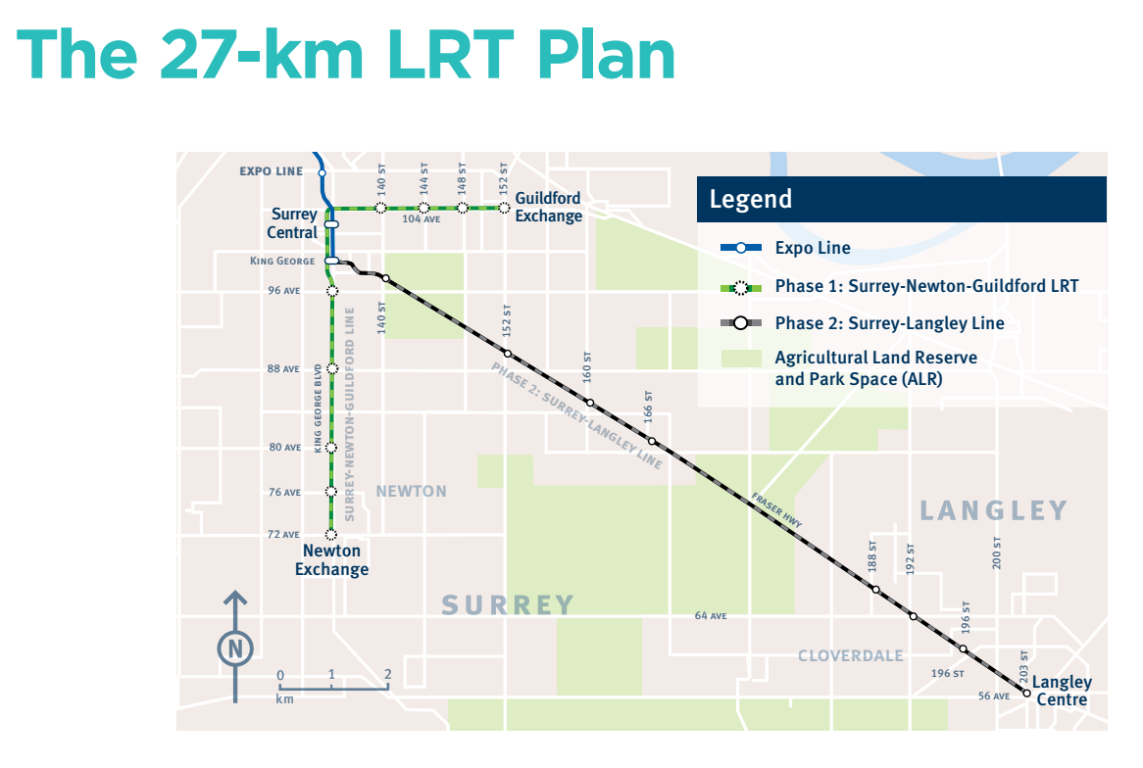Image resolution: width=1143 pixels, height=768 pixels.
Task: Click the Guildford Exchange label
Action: (x=548, y=207)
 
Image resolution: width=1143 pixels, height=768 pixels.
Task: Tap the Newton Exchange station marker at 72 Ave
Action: (x=331, y=535)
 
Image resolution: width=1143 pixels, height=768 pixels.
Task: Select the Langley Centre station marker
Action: (x=1027, y=694)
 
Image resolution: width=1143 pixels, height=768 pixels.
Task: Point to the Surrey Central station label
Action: (x=293, y=223)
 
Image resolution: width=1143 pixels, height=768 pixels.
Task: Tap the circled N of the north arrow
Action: (x=234, y=648)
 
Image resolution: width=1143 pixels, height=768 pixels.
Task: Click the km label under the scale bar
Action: (x=284, y=699)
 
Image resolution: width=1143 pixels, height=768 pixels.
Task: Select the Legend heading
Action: (x=751, y=199)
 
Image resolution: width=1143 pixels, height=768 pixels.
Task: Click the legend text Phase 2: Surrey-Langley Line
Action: (x=889, y=323)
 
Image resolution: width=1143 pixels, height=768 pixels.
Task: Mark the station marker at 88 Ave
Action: (x=332, y=368)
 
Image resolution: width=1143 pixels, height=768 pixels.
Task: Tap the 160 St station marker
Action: (x=590, y=403)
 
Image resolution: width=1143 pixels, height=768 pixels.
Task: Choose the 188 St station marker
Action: (x=875, y=590)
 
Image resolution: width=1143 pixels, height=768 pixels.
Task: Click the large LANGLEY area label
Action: (x=994, y=510)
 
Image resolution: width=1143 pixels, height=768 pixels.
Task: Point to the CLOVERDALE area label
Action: (x=850, y=655)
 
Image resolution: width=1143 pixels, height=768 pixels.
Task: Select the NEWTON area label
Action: (x=411, y=491)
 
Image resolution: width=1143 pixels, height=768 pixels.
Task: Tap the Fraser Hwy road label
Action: (x=776, y=509)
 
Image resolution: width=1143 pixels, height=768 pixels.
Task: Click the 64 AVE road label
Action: (x=710, y=616)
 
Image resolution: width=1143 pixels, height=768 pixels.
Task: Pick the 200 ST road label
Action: (x=996, y=554)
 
